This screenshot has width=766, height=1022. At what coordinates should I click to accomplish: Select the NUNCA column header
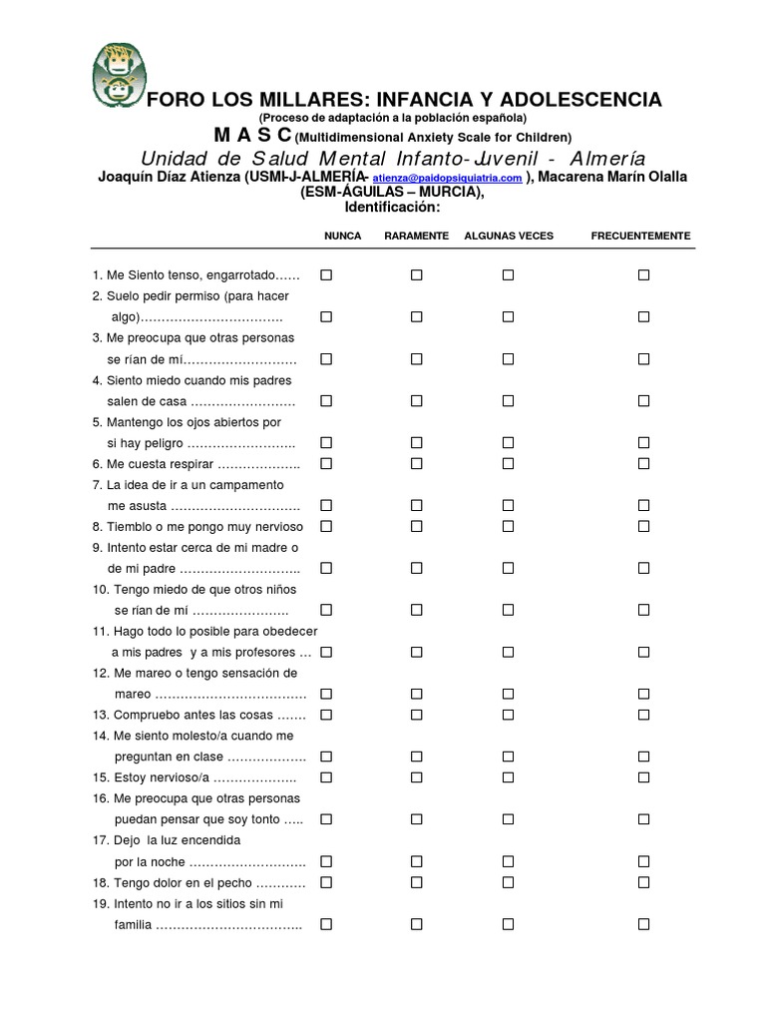point(342,236)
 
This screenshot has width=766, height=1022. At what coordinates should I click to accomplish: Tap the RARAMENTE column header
point(416,236)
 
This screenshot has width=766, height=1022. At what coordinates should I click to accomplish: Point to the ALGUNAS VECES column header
point(509,236)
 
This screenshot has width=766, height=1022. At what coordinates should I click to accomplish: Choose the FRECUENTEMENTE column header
point(640,236)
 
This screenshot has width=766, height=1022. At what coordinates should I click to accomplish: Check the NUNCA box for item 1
point(326,274)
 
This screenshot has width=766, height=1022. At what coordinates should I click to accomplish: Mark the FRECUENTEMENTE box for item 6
point(643,463)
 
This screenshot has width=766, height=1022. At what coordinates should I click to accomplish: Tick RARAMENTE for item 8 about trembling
point(417,526)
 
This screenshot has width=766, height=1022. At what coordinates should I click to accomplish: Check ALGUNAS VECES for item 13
point(508,715)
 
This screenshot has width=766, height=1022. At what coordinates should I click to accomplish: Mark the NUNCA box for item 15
point(326,777)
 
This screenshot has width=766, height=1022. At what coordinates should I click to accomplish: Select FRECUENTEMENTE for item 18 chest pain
point(643,882)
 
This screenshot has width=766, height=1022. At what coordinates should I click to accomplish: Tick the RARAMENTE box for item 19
point(417,924)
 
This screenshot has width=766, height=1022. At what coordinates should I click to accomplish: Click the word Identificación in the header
point(391,207)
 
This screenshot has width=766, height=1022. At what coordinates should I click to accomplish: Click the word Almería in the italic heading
point(605,160)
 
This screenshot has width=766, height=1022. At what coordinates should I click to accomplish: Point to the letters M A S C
point(252,135)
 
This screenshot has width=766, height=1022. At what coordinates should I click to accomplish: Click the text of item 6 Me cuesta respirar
point(195,464)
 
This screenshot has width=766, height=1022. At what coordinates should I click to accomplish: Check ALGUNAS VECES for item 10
point(508,610)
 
